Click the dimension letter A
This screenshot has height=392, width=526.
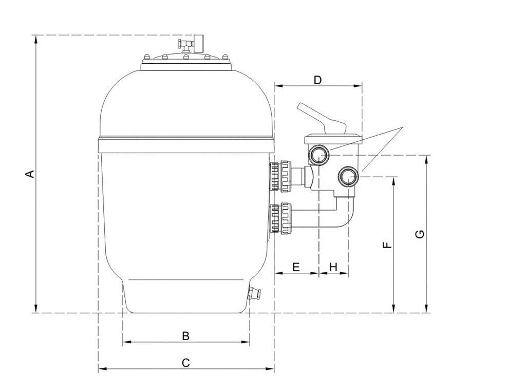[x=30, y=174]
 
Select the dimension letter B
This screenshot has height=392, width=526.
[x=186, y=336]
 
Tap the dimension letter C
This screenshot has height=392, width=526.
[x=186, y=363]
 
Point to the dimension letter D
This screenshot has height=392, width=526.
[x=317, y=80]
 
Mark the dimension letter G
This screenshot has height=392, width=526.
[x=420, y=234]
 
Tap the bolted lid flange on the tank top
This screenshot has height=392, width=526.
[x=186, y=64]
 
